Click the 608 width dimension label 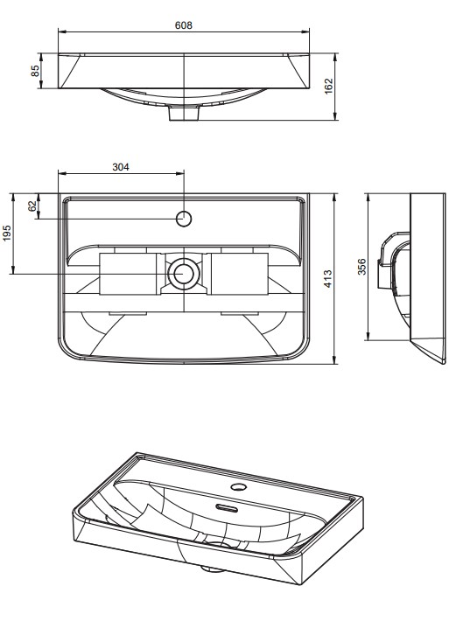click(183, 25)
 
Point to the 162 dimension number click(329, 86)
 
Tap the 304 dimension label click(122, 166)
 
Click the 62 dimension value click(32, 206)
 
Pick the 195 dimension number click(7, 234)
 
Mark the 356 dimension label click(361, 267)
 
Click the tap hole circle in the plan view click(184, 218)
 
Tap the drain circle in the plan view click(184, 273)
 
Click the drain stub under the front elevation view click(183, 114)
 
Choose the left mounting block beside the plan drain click(130, 273)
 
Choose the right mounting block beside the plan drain click(237, 273)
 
